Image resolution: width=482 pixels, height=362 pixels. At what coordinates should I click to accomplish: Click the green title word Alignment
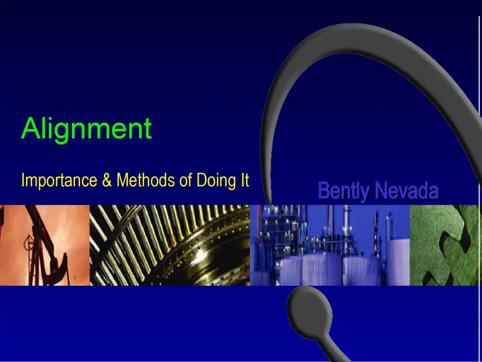86,128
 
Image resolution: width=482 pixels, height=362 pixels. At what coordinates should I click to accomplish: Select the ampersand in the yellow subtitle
106,181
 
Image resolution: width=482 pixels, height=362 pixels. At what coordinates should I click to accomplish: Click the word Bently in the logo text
343,191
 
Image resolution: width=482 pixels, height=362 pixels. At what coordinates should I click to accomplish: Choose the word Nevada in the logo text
407,191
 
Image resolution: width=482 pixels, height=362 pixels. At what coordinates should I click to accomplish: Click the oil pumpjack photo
44,245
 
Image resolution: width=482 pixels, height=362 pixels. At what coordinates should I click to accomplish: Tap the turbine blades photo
169,245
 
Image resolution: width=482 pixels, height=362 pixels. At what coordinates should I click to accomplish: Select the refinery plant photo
329,245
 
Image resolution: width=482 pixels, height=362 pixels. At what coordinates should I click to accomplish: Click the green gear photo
445,245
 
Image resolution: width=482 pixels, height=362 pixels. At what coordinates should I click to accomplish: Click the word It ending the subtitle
244,181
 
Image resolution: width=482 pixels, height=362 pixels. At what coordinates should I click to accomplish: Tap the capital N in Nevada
382,191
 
